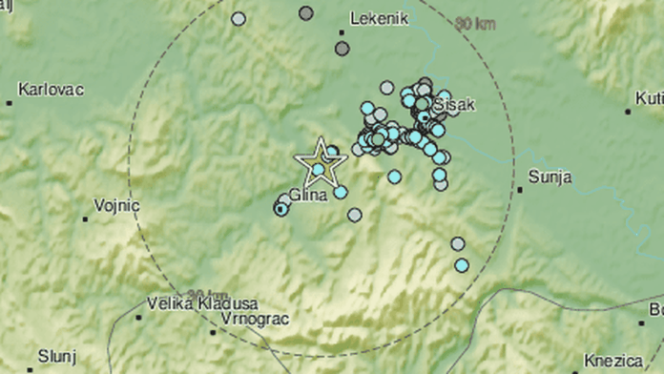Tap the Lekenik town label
tap(381, 17)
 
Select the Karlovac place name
tap(51, 89)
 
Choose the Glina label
tap(307, 195)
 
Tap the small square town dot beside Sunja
tap(521, 189)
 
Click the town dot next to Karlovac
tap(10, 102)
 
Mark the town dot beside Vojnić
tap(86, 218)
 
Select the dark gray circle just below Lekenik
tap(342, 48)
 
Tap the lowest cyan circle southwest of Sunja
tap(462, 265)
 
